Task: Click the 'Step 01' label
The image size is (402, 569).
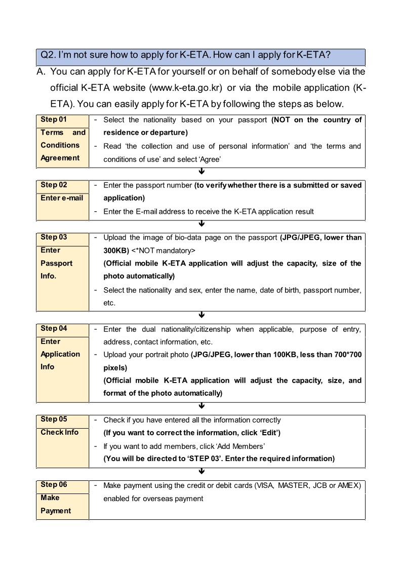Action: pyautogui.click(x=54, y=120)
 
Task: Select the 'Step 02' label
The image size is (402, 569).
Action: pyautogui.click(x=54, y=185)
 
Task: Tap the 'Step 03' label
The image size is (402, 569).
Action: pyautogui.click(x=54, y=237)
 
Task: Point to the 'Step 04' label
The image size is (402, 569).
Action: pyautogui.click(x=54, y=328)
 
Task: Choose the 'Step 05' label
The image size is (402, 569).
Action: pyautogui.click(x=54, y=419)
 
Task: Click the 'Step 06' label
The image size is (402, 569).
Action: pyautogui.click(x=54, y=485)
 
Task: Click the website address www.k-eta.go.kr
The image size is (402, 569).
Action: pyautogui.click(x=186, y=88)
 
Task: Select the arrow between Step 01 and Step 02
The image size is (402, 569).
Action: pyautogui.click(x=202, y=172)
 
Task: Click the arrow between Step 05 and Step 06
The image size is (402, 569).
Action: pyautogui.click(x=202, y=471)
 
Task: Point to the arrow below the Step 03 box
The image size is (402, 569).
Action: pyautogui.click(x=202, y=315)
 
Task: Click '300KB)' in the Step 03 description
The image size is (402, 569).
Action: pyautogui.click(x=116, y=250)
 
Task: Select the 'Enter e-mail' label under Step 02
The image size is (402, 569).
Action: pyautogui.click(x=62, y=198)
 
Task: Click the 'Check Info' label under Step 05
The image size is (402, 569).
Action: pyautogui.click(x=60, y=432)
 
